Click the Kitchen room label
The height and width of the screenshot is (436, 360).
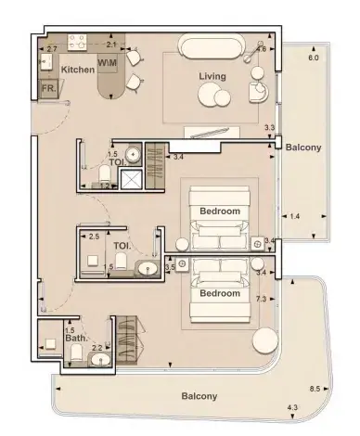(78, 70)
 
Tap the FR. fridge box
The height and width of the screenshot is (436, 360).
(49, 89)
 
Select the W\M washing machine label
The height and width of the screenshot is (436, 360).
(108, 63)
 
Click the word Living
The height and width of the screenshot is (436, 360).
(212, 77)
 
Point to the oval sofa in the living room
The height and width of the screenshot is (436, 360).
(212, 47)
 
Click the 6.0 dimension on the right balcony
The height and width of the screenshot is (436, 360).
(314, 58)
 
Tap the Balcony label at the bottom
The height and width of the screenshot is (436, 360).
(199, 396)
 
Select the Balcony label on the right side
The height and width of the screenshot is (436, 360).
(303, 147)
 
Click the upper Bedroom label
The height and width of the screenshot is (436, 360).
(220, 212)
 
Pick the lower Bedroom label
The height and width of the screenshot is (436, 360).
(220, 293)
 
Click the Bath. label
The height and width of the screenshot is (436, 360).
(77, 338)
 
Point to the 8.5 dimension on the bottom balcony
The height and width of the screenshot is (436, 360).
(315, 389)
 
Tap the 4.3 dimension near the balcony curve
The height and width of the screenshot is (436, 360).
(292, 407)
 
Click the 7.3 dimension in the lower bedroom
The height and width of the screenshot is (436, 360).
(262, 299)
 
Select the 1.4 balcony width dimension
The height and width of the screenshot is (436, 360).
(295, 216)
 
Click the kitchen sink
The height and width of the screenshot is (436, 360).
(45, 62)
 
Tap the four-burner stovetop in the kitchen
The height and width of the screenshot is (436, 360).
(77, 42)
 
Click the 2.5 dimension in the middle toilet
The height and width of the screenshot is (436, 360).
(94, 237)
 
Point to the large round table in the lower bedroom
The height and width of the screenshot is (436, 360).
(265, 340)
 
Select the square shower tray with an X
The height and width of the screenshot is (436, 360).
(131, 179)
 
